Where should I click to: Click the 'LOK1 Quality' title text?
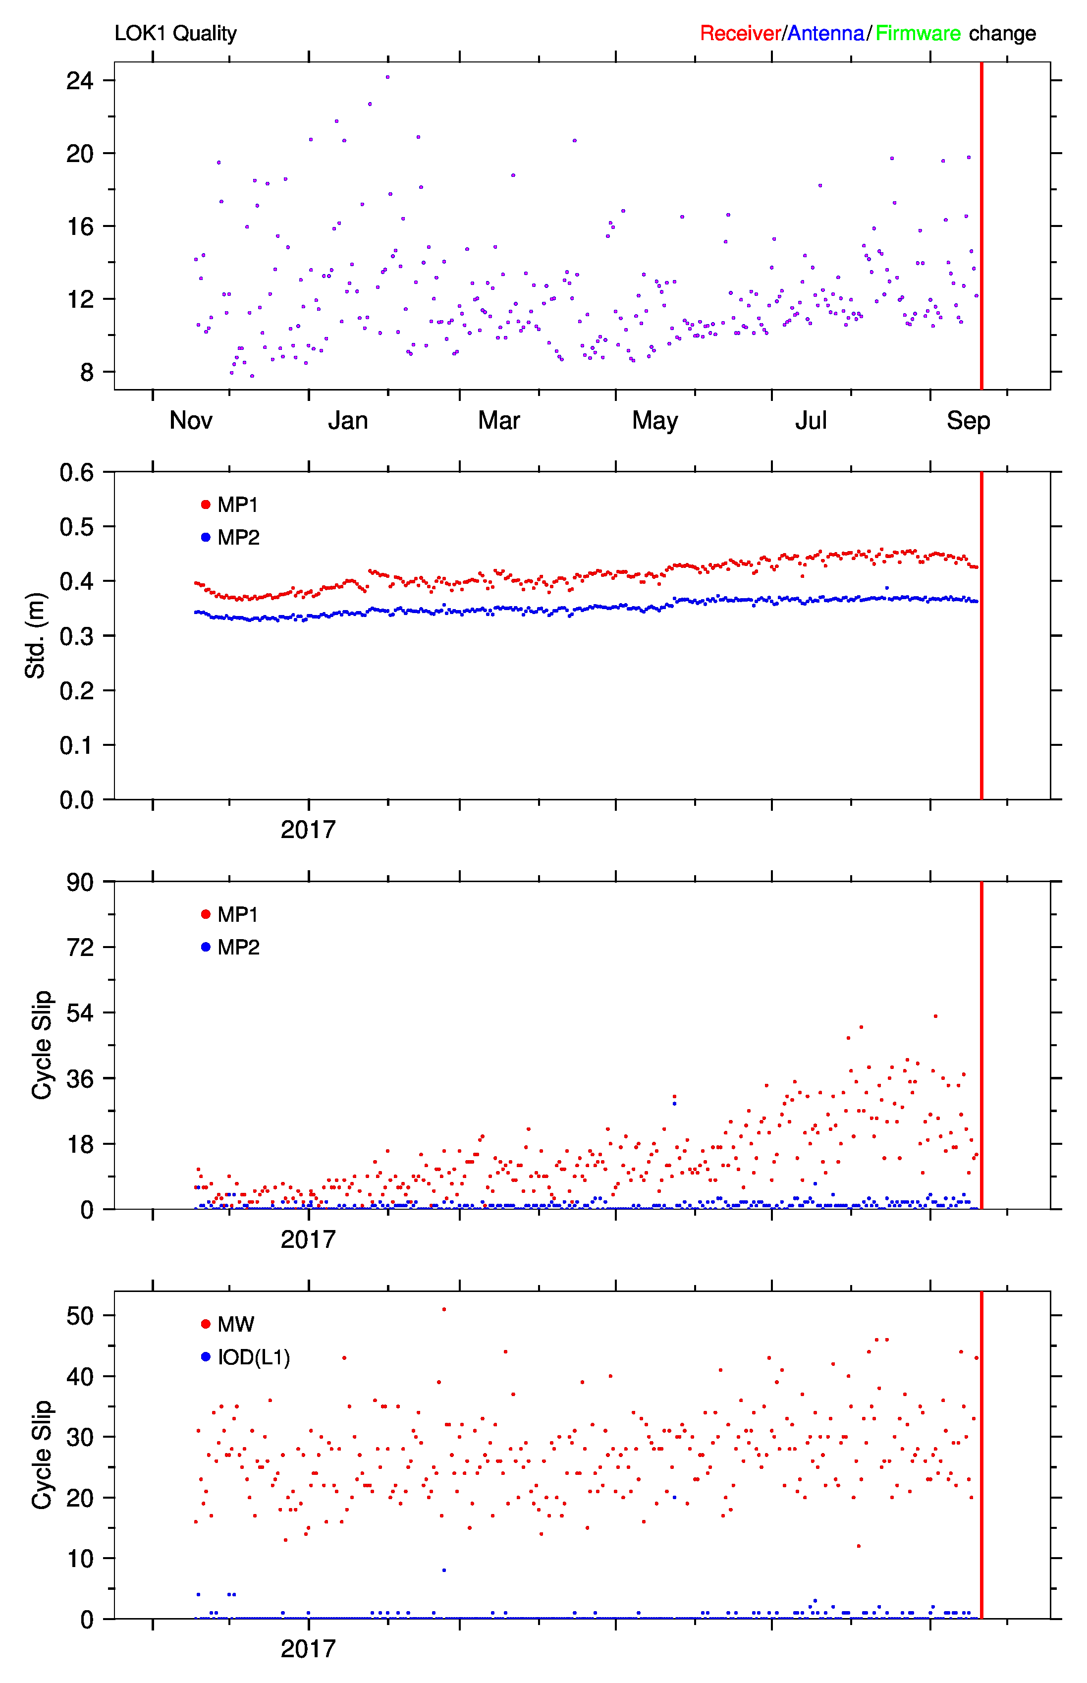point(176,33)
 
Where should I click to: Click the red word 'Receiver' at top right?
point(740,33)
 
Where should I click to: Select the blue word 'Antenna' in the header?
point(826,33)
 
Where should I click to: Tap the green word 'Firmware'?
point(918,33)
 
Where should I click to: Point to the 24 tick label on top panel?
point(80,80)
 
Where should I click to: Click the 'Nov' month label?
point(191,421)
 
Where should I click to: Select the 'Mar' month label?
point(499,421)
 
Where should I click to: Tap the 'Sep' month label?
point(969,421)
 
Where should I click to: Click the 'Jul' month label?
point(811,421)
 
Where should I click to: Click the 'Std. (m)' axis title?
point(35,635)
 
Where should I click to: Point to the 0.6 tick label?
point(77,472)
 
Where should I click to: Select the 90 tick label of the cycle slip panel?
point(80,882)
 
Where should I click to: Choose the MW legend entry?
point(228,1324)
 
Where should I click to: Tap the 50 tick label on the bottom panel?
point(80,1316)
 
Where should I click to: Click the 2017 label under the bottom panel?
point(309,1649)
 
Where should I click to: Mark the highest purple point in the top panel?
point(387,77)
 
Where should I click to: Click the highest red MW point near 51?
point(444,1309)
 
